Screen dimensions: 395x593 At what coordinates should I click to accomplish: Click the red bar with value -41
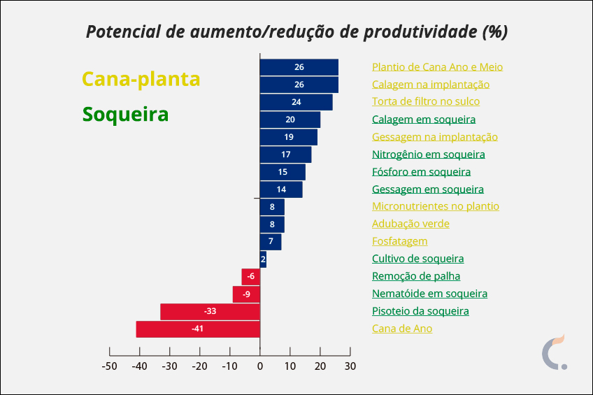coord(198,329)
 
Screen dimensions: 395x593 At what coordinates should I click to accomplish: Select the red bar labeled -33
coord(210,311)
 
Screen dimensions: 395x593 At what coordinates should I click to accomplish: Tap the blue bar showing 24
coord(296,102)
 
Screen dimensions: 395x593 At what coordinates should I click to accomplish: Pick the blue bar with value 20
coord(290,120)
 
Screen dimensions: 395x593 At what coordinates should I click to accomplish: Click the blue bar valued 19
coord(288,137)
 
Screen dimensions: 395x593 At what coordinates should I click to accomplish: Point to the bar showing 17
coord(285,155)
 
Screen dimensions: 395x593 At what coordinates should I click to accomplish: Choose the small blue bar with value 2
coord(263,259)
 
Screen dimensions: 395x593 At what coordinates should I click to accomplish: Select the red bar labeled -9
coord(246,294)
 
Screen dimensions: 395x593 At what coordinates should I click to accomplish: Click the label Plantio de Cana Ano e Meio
coord(437,67)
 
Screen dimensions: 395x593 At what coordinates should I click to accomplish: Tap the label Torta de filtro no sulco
coord(426,102)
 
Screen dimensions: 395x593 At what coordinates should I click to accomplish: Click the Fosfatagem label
coord(399,241)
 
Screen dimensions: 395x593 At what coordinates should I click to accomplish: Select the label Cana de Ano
coord(402,329)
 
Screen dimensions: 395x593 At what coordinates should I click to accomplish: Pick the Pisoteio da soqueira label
coord(420,311)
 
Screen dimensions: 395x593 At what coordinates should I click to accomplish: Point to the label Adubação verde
coord(410,224)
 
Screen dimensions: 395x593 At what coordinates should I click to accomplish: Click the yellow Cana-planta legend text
coord(141,79)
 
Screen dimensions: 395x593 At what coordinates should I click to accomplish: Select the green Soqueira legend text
coord(125,114)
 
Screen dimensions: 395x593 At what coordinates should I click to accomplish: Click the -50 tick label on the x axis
coord(109,366)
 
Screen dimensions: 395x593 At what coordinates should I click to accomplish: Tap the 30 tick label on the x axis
coord(350,366)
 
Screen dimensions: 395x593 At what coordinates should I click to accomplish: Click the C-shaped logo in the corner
coord(555,353)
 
